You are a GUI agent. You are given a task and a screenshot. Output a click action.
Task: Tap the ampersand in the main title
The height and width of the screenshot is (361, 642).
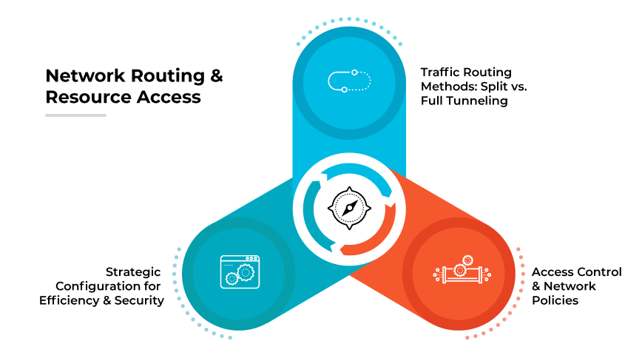216,75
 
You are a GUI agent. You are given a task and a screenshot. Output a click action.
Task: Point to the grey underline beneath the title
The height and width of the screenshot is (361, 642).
75,115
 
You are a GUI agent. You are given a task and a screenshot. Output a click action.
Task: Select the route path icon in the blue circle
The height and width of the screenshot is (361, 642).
348,80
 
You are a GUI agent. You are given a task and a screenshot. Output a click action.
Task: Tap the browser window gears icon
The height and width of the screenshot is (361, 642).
240,271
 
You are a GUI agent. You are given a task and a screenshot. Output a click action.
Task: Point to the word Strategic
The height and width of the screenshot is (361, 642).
135,272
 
